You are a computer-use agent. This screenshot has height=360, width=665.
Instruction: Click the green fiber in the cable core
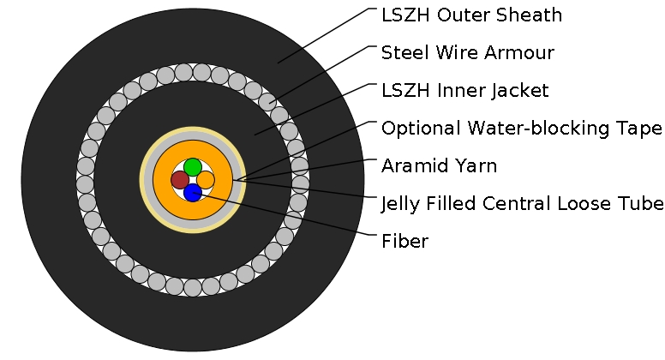(193, 166)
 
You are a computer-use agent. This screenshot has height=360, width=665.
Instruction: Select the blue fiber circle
(193, 193)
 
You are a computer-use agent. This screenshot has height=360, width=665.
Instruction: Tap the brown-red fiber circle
(180, 180)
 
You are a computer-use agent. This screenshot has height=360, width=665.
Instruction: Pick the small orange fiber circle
(206, 180)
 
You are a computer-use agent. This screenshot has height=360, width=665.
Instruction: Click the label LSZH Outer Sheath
(471, 15)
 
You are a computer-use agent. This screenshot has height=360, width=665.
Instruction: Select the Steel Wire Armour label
(468, 53)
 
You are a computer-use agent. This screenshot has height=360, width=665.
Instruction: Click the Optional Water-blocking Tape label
(521, 129)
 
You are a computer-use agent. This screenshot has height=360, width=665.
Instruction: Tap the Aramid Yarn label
(439, 166)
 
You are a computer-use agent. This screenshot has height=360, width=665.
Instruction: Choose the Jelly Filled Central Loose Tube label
(522, 204)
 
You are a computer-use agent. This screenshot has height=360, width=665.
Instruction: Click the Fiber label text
(404, 242)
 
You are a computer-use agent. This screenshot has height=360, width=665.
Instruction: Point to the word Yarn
(476, 166)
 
